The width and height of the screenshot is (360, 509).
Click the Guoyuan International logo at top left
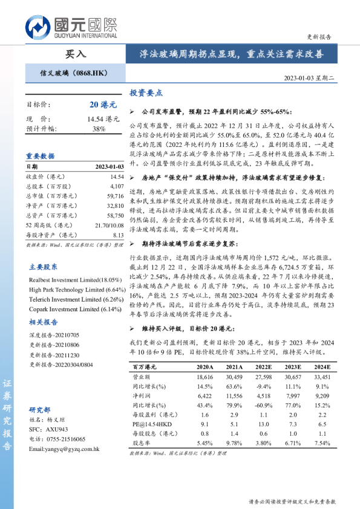tap(71, 26)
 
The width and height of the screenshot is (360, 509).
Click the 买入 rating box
tap(76, 54)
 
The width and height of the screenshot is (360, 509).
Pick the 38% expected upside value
tap(99, 129)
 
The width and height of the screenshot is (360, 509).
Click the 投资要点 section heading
tap(146, 93)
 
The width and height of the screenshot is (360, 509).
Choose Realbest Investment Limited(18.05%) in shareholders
tap(76, 280)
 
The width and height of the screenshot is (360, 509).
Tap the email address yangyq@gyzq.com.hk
tap(64, 449)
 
